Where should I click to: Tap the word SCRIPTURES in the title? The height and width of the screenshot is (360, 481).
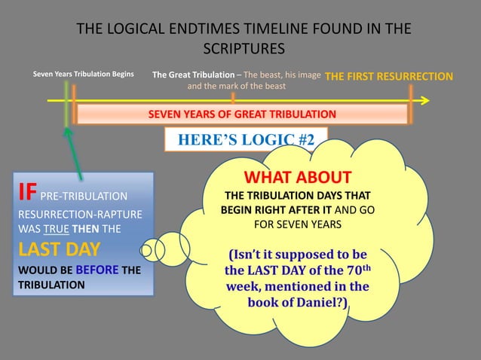tap(245, 49)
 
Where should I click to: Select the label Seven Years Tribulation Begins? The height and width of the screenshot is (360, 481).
tap(84, 75)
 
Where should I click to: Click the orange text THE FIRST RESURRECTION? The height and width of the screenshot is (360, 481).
tap(389, 77)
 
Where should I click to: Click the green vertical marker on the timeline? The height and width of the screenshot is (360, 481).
tap(66, 101)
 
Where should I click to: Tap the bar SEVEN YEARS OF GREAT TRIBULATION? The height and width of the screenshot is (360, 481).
tap(241, 114)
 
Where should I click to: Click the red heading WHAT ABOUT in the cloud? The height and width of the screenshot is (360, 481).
tap(297, 178)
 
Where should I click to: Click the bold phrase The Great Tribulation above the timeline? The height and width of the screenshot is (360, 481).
tap(193, 75)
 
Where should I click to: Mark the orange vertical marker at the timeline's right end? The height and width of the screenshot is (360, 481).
tap(411, 101)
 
